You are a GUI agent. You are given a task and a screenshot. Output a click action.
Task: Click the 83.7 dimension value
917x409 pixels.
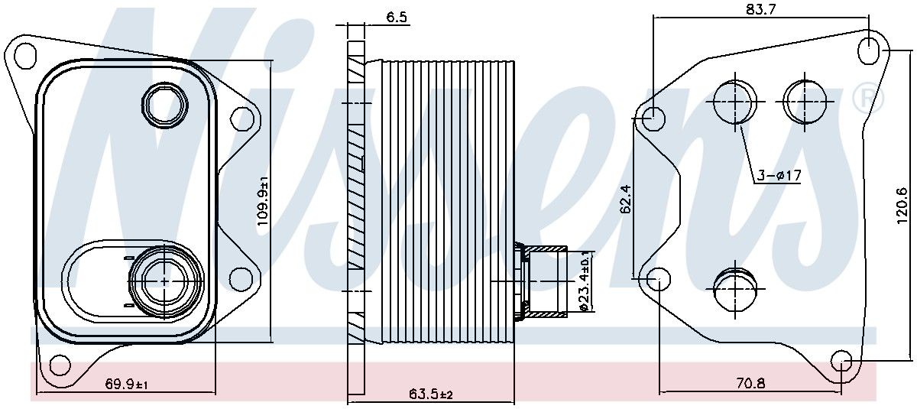[x=760, y=9]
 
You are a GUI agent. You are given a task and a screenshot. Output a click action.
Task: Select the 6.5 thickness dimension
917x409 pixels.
[x=397, y=17]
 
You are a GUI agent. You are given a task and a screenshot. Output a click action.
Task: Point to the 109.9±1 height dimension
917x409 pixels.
[x=262, y=201]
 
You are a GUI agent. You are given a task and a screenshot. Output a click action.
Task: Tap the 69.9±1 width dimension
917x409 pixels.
[x=127, y=384]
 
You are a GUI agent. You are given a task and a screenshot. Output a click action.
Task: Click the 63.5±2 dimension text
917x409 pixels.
[x=431, y=394]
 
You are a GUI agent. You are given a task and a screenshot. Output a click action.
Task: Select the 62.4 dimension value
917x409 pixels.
[x=626, y=200]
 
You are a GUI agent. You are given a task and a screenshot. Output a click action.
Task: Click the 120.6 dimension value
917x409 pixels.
[x=902, y=206]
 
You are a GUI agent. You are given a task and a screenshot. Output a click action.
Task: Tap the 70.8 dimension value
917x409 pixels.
[x=750, y=384]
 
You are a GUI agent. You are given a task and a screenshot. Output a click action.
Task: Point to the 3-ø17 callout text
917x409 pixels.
[x=778, y=176]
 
